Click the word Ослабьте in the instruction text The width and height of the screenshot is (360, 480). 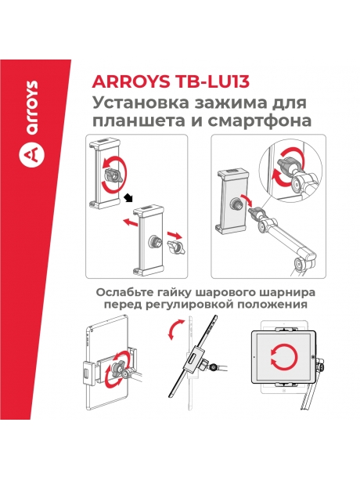(122, 292)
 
